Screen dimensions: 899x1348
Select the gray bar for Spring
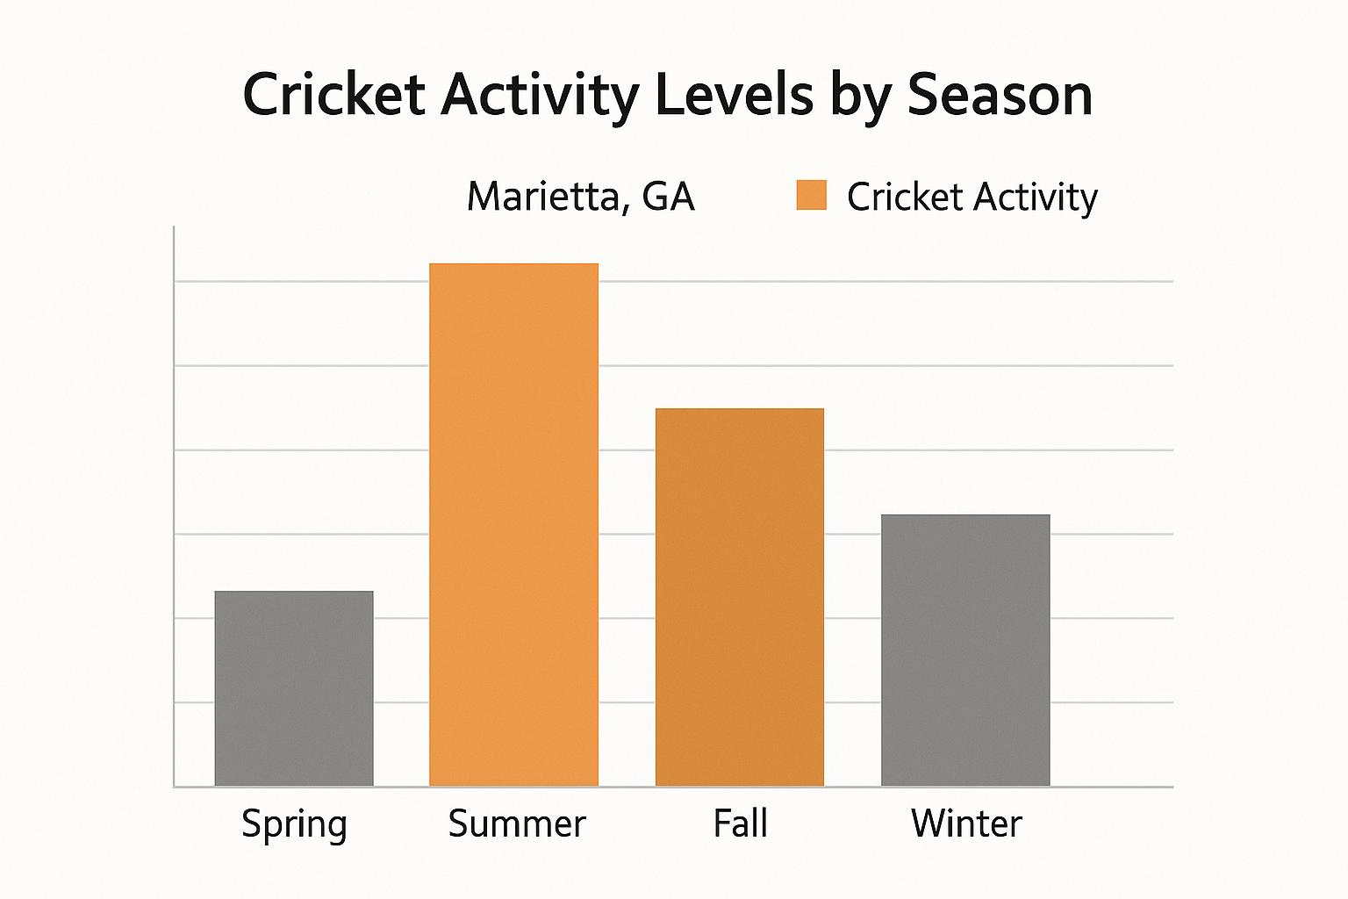coord(294,689)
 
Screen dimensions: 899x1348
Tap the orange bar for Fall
coord(740,597)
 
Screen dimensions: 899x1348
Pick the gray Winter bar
coord(965,651)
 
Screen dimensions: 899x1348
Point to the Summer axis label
coord(517,823)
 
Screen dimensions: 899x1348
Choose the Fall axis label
coord(741,823)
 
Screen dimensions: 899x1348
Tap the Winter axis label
coord(966,823)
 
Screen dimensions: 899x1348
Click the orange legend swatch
coord(811,195)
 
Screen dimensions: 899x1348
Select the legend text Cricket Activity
coord(972,197)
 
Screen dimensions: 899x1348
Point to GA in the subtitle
coord(668,197)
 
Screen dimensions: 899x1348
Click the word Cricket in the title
coord(333,94)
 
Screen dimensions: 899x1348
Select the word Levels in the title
coord(735,94)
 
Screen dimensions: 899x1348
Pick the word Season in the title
coord(1000,94)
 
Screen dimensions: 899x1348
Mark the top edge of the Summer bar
coord(513,264)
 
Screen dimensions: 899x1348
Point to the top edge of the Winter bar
coord(965,515)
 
